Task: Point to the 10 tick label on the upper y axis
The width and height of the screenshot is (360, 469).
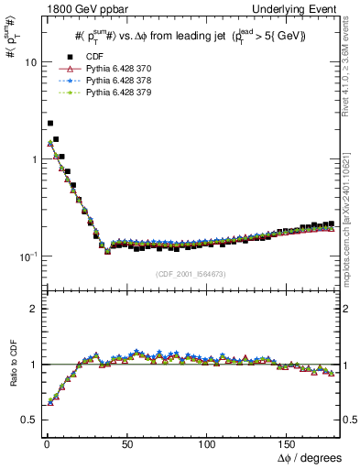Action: [29, 62]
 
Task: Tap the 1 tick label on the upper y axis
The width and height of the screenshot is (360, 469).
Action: [32, 159]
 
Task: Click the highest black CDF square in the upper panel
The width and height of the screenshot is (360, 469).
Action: [50, 123]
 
